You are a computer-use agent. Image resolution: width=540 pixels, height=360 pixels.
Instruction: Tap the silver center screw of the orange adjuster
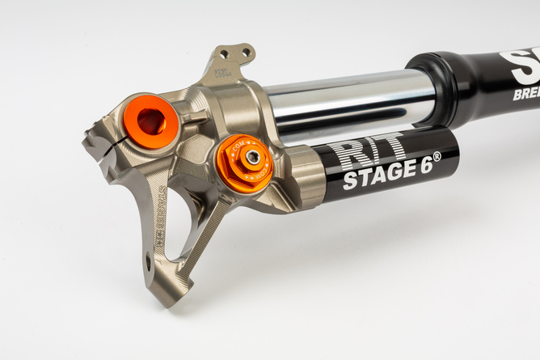click(x=252, y=157)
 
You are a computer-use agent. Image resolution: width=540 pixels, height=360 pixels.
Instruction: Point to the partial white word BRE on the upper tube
click(x=525, y=95)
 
